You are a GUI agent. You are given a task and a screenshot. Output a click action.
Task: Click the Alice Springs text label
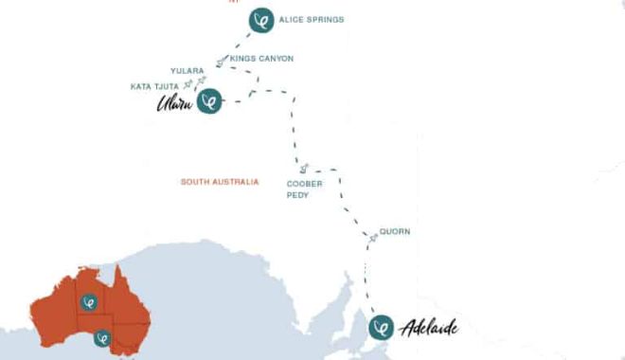311,19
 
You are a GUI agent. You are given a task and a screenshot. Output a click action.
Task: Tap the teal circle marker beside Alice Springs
260,19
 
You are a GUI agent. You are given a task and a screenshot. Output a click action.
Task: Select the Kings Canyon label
261,59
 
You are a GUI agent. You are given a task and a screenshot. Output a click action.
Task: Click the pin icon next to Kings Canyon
221,62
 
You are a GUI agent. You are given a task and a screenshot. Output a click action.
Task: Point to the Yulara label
187,71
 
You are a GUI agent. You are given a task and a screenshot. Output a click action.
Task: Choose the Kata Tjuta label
154,87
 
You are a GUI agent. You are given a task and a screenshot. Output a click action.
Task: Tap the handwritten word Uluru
175,103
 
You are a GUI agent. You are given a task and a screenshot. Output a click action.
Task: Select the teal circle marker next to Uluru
209,101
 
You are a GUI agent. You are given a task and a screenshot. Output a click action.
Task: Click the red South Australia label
219,181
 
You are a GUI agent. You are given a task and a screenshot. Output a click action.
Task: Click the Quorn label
395,231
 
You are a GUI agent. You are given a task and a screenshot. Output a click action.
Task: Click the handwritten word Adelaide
429,329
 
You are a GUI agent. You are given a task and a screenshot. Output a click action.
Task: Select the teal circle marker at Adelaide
381,329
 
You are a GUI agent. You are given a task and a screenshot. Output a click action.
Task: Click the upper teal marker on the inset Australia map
90,303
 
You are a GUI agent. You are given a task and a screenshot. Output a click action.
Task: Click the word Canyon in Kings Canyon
275,59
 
